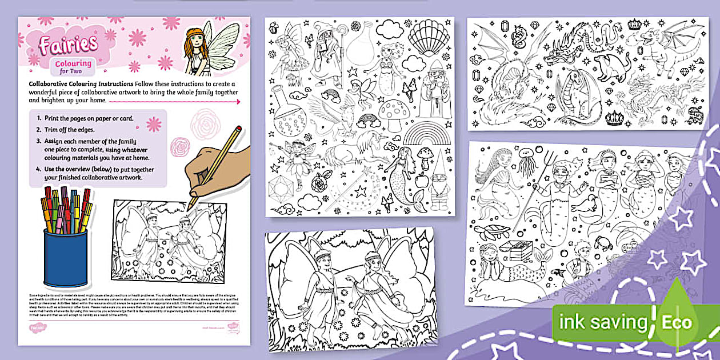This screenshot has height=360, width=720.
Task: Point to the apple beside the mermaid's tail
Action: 423,180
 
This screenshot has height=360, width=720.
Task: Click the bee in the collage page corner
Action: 275,27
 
